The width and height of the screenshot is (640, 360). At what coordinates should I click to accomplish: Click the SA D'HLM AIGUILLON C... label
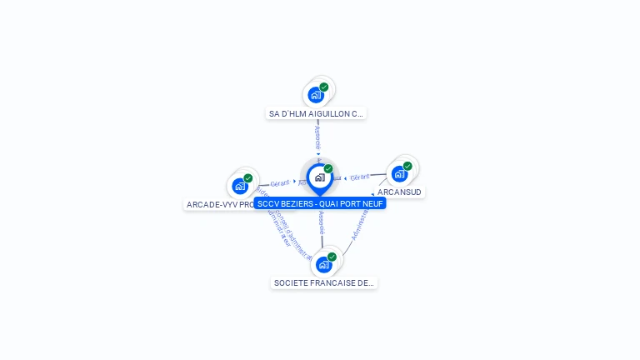[x=316, y=113]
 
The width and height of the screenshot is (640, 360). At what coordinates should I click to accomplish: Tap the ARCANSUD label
[x=400, y=192]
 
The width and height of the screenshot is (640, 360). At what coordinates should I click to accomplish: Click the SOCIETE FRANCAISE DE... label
[x=324, y=283]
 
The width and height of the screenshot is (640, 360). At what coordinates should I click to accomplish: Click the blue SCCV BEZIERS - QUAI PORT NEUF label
[x=320, y=203]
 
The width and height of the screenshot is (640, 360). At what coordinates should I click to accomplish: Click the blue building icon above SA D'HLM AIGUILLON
[x=315, y=95]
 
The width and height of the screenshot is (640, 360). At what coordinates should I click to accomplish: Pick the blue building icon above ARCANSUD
[x=399, y=174]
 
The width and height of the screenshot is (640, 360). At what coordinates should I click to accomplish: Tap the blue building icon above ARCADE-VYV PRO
[x=240, y=186]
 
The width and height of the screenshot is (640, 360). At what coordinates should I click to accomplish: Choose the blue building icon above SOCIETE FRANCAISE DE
[x=323, y=265]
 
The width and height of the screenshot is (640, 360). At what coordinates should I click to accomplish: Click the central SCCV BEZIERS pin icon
[x=319, y=177]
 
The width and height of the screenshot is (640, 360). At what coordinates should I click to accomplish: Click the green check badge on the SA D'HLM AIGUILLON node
[x=324, y=87]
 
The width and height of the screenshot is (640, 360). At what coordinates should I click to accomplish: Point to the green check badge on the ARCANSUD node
[x=407, y=166]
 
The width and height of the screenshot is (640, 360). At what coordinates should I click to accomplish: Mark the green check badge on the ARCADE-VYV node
[x=248, y=177]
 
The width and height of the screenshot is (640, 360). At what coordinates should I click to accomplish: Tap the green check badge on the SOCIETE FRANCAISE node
[x=332, y=257]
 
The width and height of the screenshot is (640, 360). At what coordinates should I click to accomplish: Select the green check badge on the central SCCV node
[x=328, y=168]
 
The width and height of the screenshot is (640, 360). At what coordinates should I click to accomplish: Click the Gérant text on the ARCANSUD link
[x=360, y=177]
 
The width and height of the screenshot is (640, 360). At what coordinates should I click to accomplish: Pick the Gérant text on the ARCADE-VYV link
[x=280, y=182]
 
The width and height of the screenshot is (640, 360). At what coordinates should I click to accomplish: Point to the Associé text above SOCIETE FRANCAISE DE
[x=322, y=223]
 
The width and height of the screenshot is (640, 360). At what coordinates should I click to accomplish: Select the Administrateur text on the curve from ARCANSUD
[x=360, y=222]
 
